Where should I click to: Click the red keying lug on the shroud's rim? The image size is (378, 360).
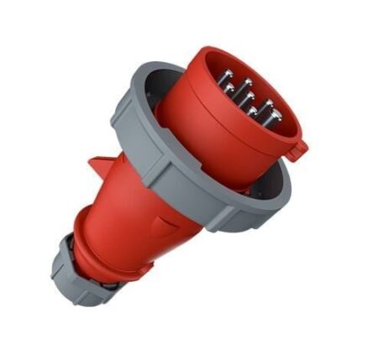click(297, 149)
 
